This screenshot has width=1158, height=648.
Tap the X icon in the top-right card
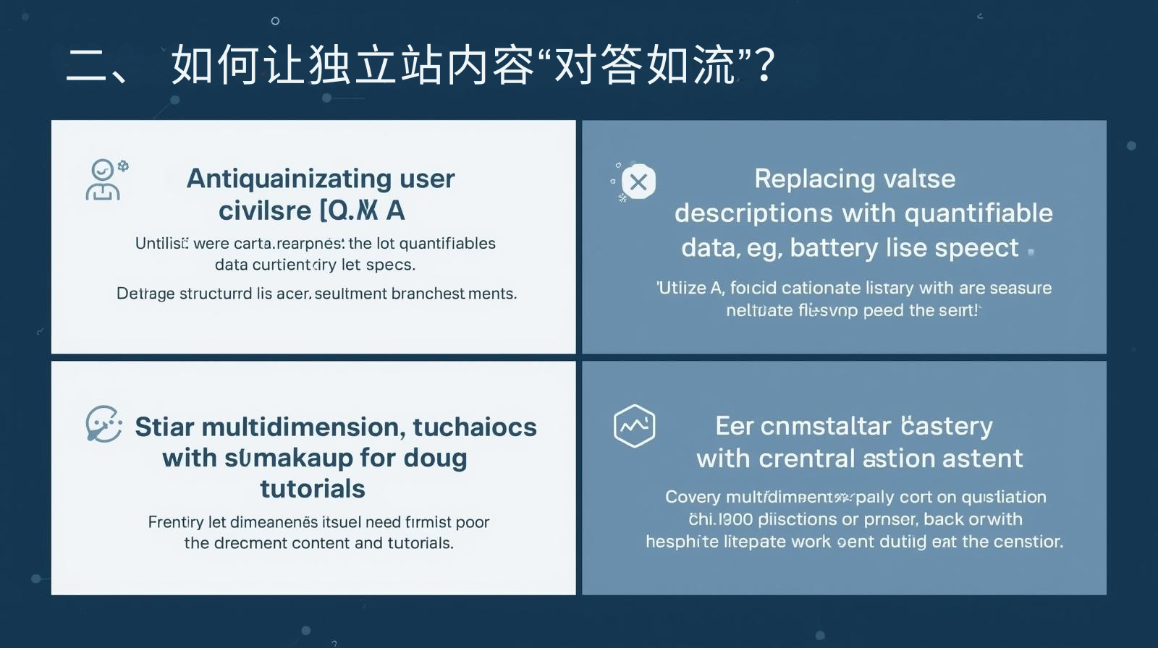638,182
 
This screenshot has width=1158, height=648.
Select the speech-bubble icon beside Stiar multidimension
103,424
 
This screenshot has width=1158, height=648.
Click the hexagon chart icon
634,425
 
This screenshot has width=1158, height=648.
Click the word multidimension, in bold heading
303,427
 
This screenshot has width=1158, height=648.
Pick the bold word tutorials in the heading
313,489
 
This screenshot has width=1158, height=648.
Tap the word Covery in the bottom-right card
693,497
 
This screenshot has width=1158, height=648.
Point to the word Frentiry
175,522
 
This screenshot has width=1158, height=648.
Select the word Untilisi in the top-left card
161,243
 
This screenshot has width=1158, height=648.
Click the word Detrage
145,294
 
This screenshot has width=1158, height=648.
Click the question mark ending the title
764,65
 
